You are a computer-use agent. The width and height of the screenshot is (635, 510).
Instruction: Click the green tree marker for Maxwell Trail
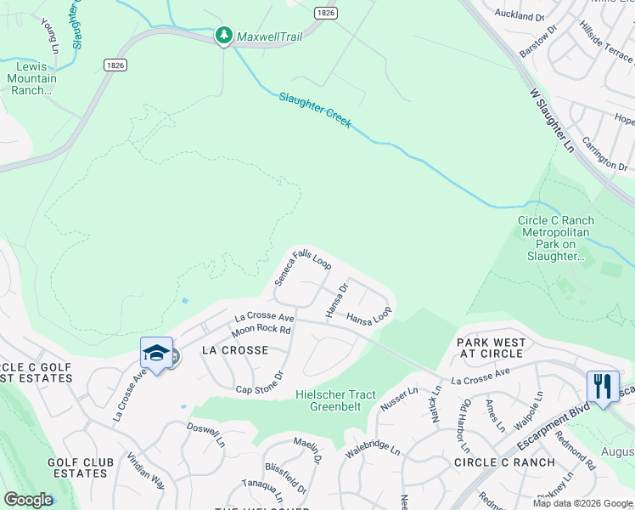click(x=223, y=36)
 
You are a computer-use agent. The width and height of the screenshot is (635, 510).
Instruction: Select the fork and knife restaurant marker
click(x=603, y=386)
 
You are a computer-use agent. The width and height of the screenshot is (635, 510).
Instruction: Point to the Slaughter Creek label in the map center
click(x=315, y=110)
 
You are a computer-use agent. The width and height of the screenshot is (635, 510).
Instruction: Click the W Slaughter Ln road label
click(x=552, y=118)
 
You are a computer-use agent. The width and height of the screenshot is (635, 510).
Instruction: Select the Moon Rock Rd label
click(x=261, y=329)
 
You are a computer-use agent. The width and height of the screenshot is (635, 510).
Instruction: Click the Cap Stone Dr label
click(x=258, y=383)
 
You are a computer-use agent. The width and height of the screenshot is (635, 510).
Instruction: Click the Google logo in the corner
click(x=28, y=500)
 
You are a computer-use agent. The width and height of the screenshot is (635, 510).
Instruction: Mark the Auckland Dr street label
click(x=518, y=16)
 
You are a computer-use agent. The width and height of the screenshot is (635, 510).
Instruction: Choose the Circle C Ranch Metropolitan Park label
click(x=556, y=238)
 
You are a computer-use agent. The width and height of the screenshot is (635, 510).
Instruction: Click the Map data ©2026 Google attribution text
click(x=582, y=503)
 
